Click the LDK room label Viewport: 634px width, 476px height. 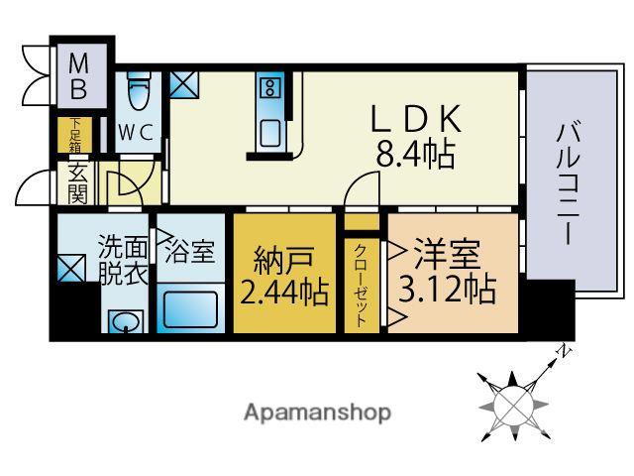[x=417, y=120]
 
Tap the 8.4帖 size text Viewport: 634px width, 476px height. [x=417, y=155]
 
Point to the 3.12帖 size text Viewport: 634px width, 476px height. [x=447, y=289]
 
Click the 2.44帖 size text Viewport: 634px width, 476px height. [x=282, y=293]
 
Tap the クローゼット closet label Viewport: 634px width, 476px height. [x=362, y=284]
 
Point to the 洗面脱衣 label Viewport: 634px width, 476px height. [x=123, y=261]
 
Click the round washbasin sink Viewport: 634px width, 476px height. [x=124, y=321]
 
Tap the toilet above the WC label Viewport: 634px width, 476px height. [x=138, y=95]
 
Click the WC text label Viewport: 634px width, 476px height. [x=136, y=132]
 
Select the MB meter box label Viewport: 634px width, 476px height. [x=78, y=77]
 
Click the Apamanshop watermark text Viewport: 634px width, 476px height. [x=317, y=412]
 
